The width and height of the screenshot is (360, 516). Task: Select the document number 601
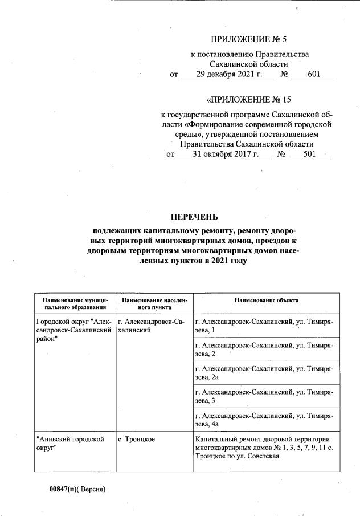(313, 74)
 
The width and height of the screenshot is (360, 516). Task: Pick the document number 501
(310, 154)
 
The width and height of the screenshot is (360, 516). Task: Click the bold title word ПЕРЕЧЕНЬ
(194, 217)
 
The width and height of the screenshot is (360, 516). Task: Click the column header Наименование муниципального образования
(75, 303)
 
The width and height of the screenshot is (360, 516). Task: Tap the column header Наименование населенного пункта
(154, 303)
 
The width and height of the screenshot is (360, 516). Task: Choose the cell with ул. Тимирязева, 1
(264, 326)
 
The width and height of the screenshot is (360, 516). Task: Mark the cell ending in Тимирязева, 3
(264, 397)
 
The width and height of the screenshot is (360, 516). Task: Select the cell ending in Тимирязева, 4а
(264, 420)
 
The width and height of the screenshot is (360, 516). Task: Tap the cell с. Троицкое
(136, 440)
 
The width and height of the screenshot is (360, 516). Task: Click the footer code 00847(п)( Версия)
(77, 489)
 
